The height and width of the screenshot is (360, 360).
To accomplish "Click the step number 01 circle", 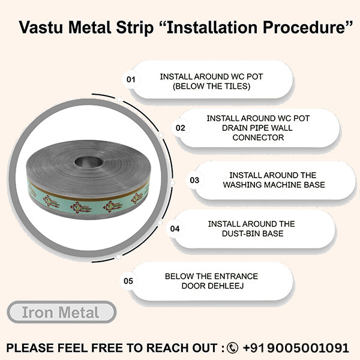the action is click(x=131, y=79).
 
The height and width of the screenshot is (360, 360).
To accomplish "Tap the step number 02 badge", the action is click(x=181, y=128).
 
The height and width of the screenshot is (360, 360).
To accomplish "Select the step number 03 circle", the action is click(x=194, y=180).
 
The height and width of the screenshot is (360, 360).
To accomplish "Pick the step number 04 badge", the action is click(x=175, y=229).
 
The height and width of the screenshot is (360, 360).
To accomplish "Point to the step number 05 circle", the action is click(x=128, y=281).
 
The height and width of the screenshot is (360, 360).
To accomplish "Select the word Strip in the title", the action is click(x=135, y=28).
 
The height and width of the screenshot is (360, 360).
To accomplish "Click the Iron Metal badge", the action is click(x=62, y=312).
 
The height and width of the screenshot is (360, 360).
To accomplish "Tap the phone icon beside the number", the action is click(x=232, y=347).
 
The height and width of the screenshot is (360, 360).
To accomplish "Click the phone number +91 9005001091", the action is click(x=296, y=347).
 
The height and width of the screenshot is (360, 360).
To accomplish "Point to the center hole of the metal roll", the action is click(x=89, y=162).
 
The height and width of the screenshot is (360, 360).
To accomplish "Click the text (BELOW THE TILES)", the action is click(x=211, y=86).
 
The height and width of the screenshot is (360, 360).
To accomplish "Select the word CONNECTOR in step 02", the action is click(x=258, y=137).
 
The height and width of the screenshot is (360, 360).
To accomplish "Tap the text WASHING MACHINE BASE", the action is click(x=274, y=185).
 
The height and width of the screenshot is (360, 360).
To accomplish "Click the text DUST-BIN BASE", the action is click(x=253, y=233).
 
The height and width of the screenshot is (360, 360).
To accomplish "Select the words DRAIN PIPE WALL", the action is click(x=257, y=128).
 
